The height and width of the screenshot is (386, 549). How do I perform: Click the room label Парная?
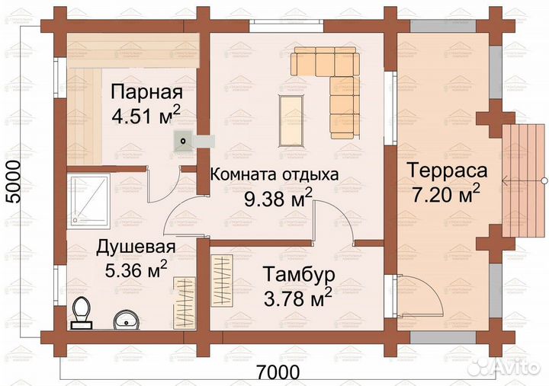tap(146, 93)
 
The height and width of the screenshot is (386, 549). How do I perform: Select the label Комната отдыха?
tap(274, 174)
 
